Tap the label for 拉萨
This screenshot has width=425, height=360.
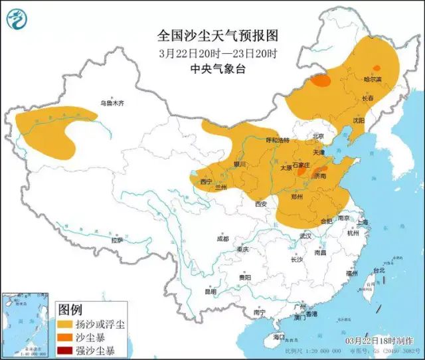point(117,240)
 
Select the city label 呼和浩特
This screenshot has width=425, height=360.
point(278,141)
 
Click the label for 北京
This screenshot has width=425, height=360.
point(317,136)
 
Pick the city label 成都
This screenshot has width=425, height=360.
point(222,238)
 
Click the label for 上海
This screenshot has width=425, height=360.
point(362,223)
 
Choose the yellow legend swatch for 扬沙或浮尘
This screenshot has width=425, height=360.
point(66,324)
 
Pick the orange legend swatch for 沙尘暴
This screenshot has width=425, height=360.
point(66,337)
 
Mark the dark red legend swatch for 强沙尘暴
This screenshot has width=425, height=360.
point(66,350)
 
